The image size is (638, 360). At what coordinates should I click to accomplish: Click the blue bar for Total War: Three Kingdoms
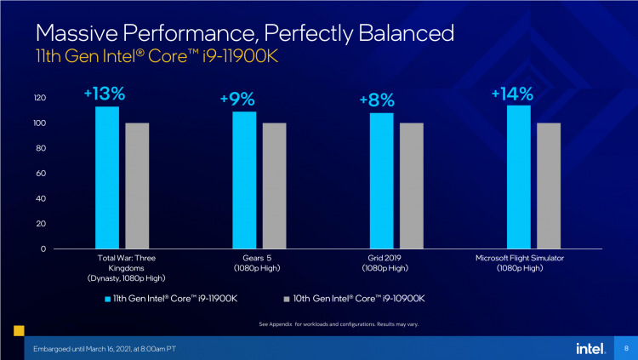tap(107, 178)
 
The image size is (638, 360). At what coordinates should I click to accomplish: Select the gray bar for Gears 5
tap(274, 186)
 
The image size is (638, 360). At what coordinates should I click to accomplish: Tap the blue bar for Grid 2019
tap(381, 180)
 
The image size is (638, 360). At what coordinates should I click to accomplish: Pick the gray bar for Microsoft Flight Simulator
tap(549, 186)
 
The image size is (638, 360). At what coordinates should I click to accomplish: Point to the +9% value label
tap(236, 100)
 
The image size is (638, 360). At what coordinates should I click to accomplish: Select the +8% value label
tap(377, 101)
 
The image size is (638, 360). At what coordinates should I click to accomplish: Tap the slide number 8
tap(625, 347)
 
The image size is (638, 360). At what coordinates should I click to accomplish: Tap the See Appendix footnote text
tap(338, 324)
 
